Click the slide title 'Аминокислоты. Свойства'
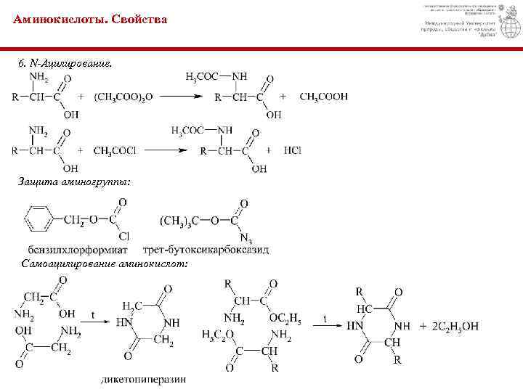[x=90, y=20]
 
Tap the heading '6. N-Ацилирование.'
[x=65, y=64]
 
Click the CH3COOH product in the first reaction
[x=323, y=96]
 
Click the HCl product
[x=293, y=150]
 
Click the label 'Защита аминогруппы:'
[x=75, y=181]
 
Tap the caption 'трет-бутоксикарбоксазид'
[x=206, y=250]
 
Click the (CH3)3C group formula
[x=182, y=219]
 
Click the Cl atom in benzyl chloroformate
[x=123, y=237]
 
